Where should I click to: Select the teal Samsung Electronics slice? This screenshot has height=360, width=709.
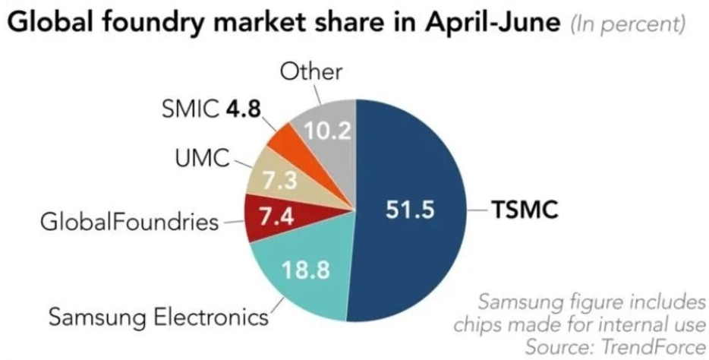(304, 285)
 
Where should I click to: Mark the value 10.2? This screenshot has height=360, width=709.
(328, 131)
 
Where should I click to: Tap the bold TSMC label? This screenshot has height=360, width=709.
(526, 209)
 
